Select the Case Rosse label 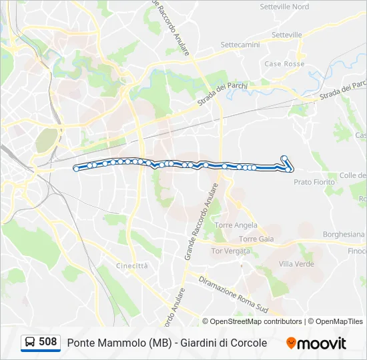coord(284,64)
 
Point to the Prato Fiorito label coord(314,181)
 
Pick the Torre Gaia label coord(256,239)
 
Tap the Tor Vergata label coord(230,251)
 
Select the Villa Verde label coord(296,264)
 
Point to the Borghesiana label coord(344,235)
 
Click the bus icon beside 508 coord(30,343)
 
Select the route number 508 coord(48,342)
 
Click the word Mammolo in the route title coord(119,343)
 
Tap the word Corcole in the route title coord(246,343)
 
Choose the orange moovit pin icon coord(291,343)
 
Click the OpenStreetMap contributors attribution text coord(256,321)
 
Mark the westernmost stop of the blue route coord(77,169)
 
